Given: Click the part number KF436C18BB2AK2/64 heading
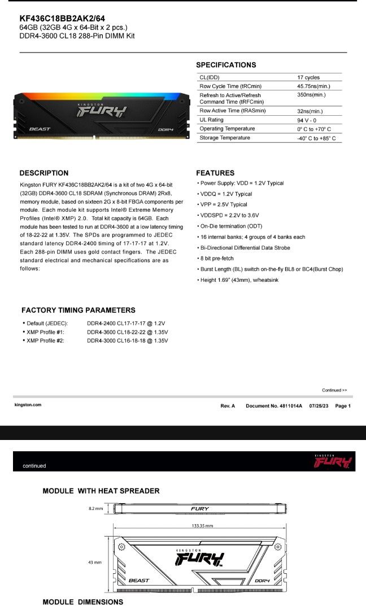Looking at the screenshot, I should (62, 18).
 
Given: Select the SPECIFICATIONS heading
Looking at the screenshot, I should (226, 65).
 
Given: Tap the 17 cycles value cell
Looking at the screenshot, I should (308, 77).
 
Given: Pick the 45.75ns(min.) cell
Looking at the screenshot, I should (313, 86).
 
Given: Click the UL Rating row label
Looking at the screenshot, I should (212, 120).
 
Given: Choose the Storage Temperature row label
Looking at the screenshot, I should (225, 138).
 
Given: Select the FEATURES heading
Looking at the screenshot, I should (215, 173).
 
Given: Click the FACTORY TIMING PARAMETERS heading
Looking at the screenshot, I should (78, 310).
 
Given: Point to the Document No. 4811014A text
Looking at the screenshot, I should (274, 406).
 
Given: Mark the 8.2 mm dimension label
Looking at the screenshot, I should (95, 508).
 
